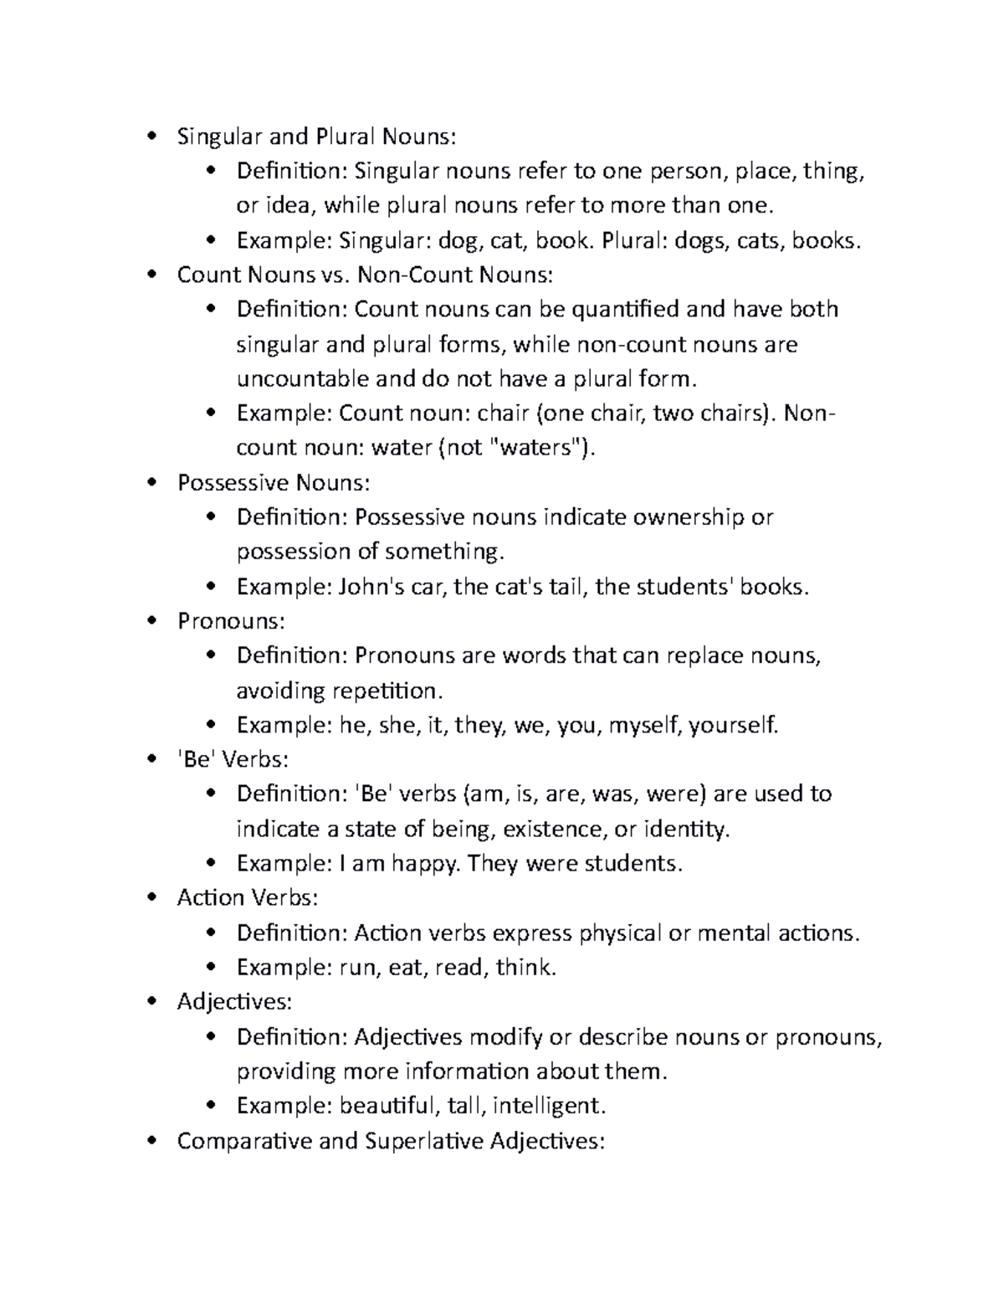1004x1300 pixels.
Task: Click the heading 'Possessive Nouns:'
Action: click(273, 483)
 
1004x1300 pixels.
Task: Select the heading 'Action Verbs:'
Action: click(248, 898)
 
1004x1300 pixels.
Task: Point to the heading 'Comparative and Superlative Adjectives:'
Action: click(390, 1141)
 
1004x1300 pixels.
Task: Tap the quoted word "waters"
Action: click(535, 448)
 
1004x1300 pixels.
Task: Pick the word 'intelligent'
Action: click(548, 1107)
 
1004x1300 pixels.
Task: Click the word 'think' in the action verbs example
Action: click(525, 969)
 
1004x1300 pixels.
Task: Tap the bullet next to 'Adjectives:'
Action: click(151, 1003)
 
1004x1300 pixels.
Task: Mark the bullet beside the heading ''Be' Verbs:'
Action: click(151, 760)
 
